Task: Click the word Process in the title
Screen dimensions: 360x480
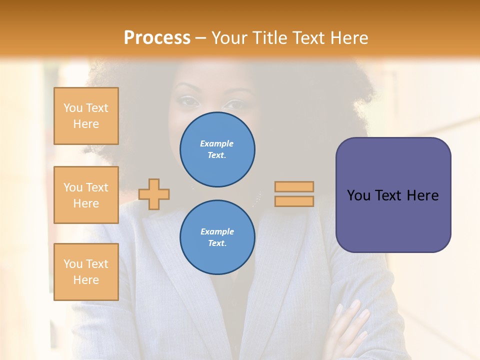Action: click(x=157, y=38)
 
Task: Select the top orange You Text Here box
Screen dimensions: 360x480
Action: click(x=86, y=116)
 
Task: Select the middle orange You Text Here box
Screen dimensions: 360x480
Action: click(x=86, y=195)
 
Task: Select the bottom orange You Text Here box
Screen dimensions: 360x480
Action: click(x=86, y=271)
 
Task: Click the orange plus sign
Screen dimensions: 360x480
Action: click(x=154, y=194)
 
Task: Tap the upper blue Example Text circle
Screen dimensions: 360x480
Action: click(x=217, y=149)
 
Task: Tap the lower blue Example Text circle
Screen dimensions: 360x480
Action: click(x=217, y=237)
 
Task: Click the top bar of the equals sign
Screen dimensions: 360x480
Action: click(x=294, y=186)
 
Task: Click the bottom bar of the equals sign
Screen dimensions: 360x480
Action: click(x=294, y=201)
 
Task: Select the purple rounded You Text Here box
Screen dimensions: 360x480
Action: click(x=393, y=195)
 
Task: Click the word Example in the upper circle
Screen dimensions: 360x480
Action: click(x=216, y=143)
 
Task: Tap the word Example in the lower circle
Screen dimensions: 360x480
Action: click(x=217, y=231)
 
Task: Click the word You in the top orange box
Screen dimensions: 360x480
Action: click(x=73, y=108)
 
